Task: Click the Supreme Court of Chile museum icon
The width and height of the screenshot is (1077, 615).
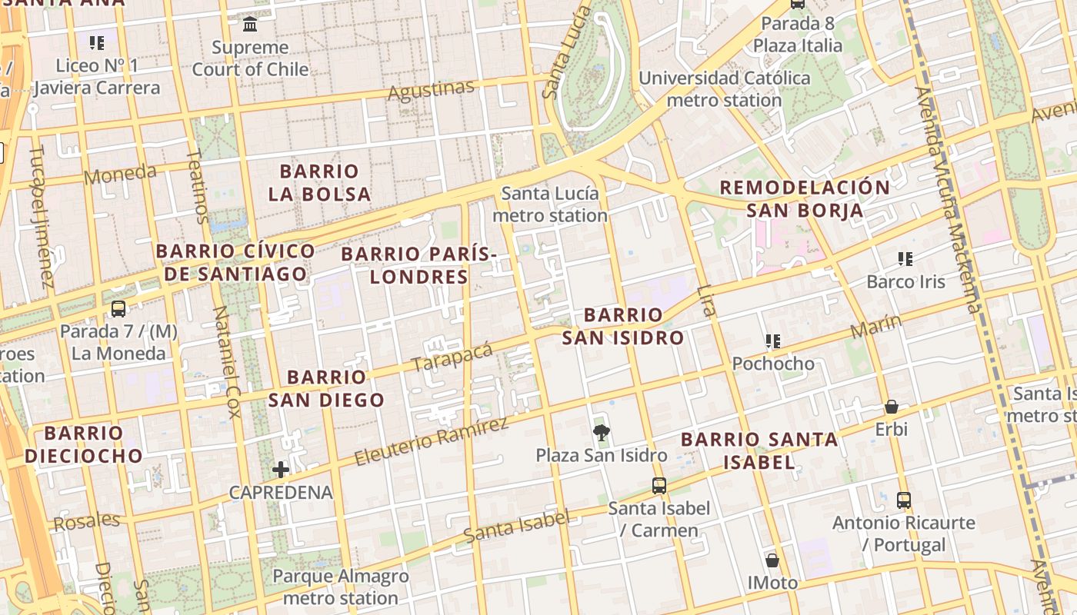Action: [x=250, y=25]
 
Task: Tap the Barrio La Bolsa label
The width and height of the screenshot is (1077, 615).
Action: [x=319, y=182]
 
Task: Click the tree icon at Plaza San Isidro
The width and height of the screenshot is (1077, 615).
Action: [x=602, y=432]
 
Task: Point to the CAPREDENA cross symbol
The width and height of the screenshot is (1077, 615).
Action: [x=281, y=469]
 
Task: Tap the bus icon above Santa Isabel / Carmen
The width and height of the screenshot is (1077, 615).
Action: [x=659, y=485]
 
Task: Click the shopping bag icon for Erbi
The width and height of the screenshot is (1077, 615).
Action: [x=892, y=406]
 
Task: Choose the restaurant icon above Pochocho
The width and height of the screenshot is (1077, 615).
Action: [x=772, y=341]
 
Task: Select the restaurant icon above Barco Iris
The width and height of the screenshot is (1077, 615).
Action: [x=905, y=259]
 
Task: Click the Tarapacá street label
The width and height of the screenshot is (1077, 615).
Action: [x=452, y=357]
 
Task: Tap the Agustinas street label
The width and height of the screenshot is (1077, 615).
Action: [x=431, y=91]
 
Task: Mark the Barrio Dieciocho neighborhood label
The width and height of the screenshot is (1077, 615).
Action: [x=84, y=444]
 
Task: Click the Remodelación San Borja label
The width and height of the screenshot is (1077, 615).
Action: [x=805, y=198]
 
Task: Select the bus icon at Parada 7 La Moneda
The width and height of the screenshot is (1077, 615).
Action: [x=118, y=309]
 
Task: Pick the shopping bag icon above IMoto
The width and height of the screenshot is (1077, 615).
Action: [x=772, y=560]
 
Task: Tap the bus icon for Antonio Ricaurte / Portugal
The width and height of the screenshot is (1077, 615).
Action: [x=904, y=500]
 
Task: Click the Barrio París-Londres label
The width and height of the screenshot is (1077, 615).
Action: [x=419, y=264]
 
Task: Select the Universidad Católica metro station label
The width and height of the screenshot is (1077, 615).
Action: [x=724, y=89]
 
